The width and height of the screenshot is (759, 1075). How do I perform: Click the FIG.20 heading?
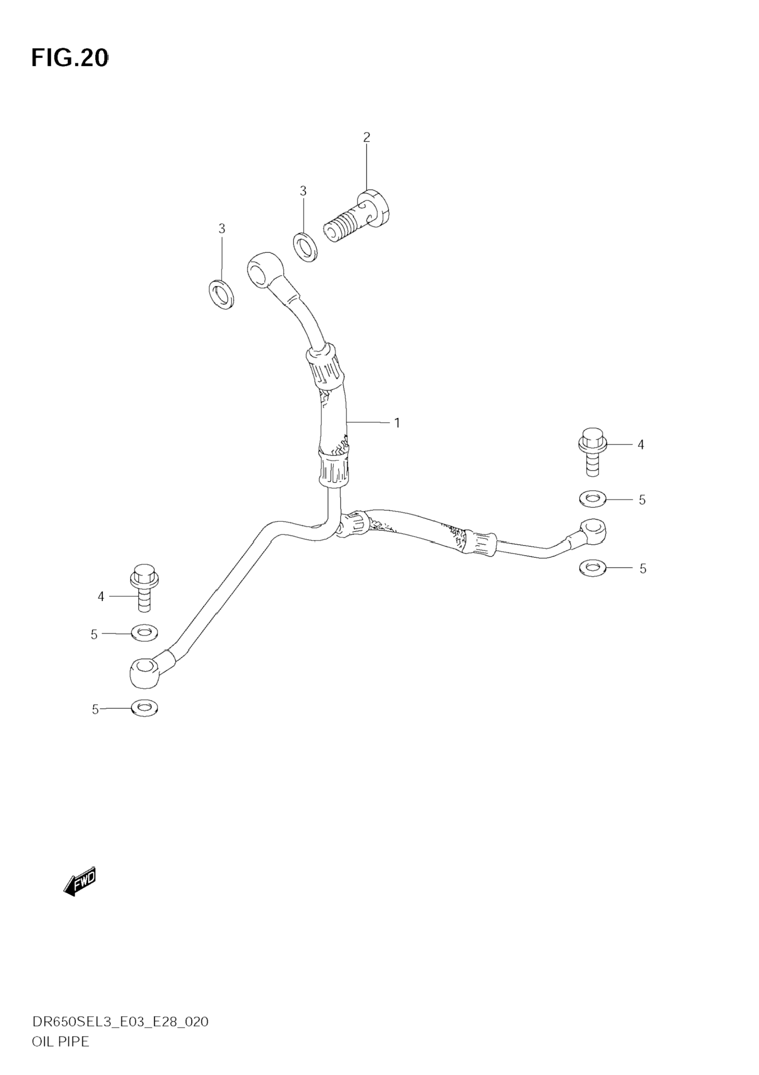[x=70, y=58]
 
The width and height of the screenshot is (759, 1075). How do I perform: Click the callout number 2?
[x=366, y=137]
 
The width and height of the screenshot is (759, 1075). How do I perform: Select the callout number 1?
[x=397, y=423]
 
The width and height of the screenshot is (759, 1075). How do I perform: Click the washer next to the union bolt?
[x=305, y=247]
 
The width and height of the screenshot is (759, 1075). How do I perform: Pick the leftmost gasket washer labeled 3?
[x=222, y=295]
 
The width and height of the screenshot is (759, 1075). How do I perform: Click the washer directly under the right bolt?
[x=592, y=499]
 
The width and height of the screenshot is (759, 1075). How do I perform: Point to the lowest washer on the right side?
[x=593, y=568]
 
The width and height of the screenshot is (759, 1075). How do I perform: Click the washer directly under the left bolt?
[x=145, y=633]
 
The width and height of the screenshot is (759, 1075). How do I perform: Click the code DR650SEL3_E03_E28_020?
[x=120, y=1034]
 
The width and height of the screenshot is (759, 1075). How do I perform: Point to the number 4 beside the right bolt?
[x=641, y=445]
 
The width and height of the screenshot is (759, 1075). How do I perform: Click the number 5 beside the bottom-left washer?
[x=95, y=710]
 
